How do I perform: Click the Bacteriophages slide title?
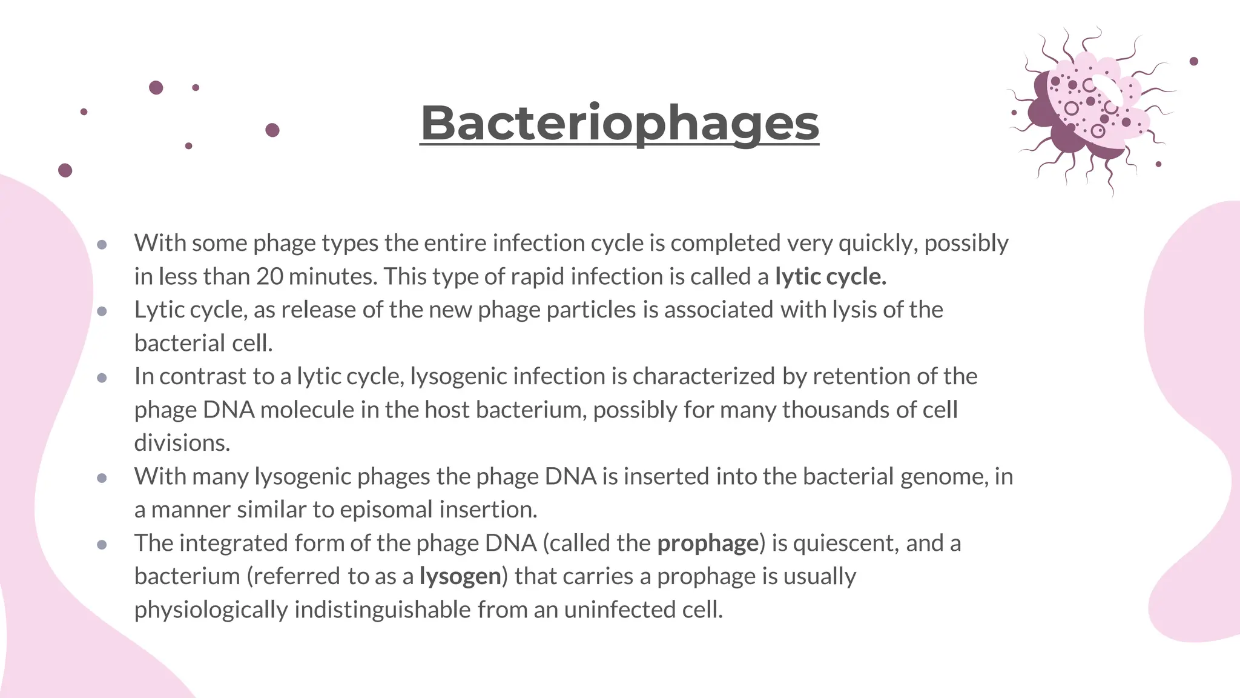click(619, 123)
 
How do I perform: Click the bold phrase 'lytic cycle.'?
click(831, 277)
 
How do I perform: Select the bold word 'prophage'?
click(708, 543)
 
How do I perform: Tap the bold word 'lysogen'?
click(460, 576)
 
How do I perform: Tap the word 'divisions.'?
click(182, 444)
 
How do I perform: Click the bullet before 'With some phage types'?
click(102, 245)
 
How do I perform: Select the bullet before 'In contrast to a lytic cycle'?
click(102, 378)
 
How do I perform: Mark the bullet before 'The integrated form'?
click(102, 545)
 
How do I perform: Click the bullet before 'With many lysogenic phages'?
click(102, 478)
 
